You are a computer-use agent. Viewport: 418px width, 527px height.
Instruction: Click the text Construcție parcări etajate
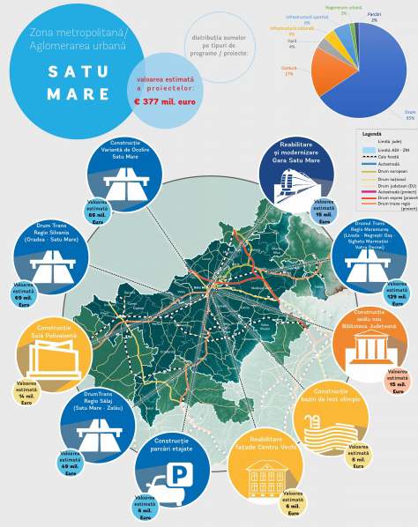(x=181, y=444)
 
